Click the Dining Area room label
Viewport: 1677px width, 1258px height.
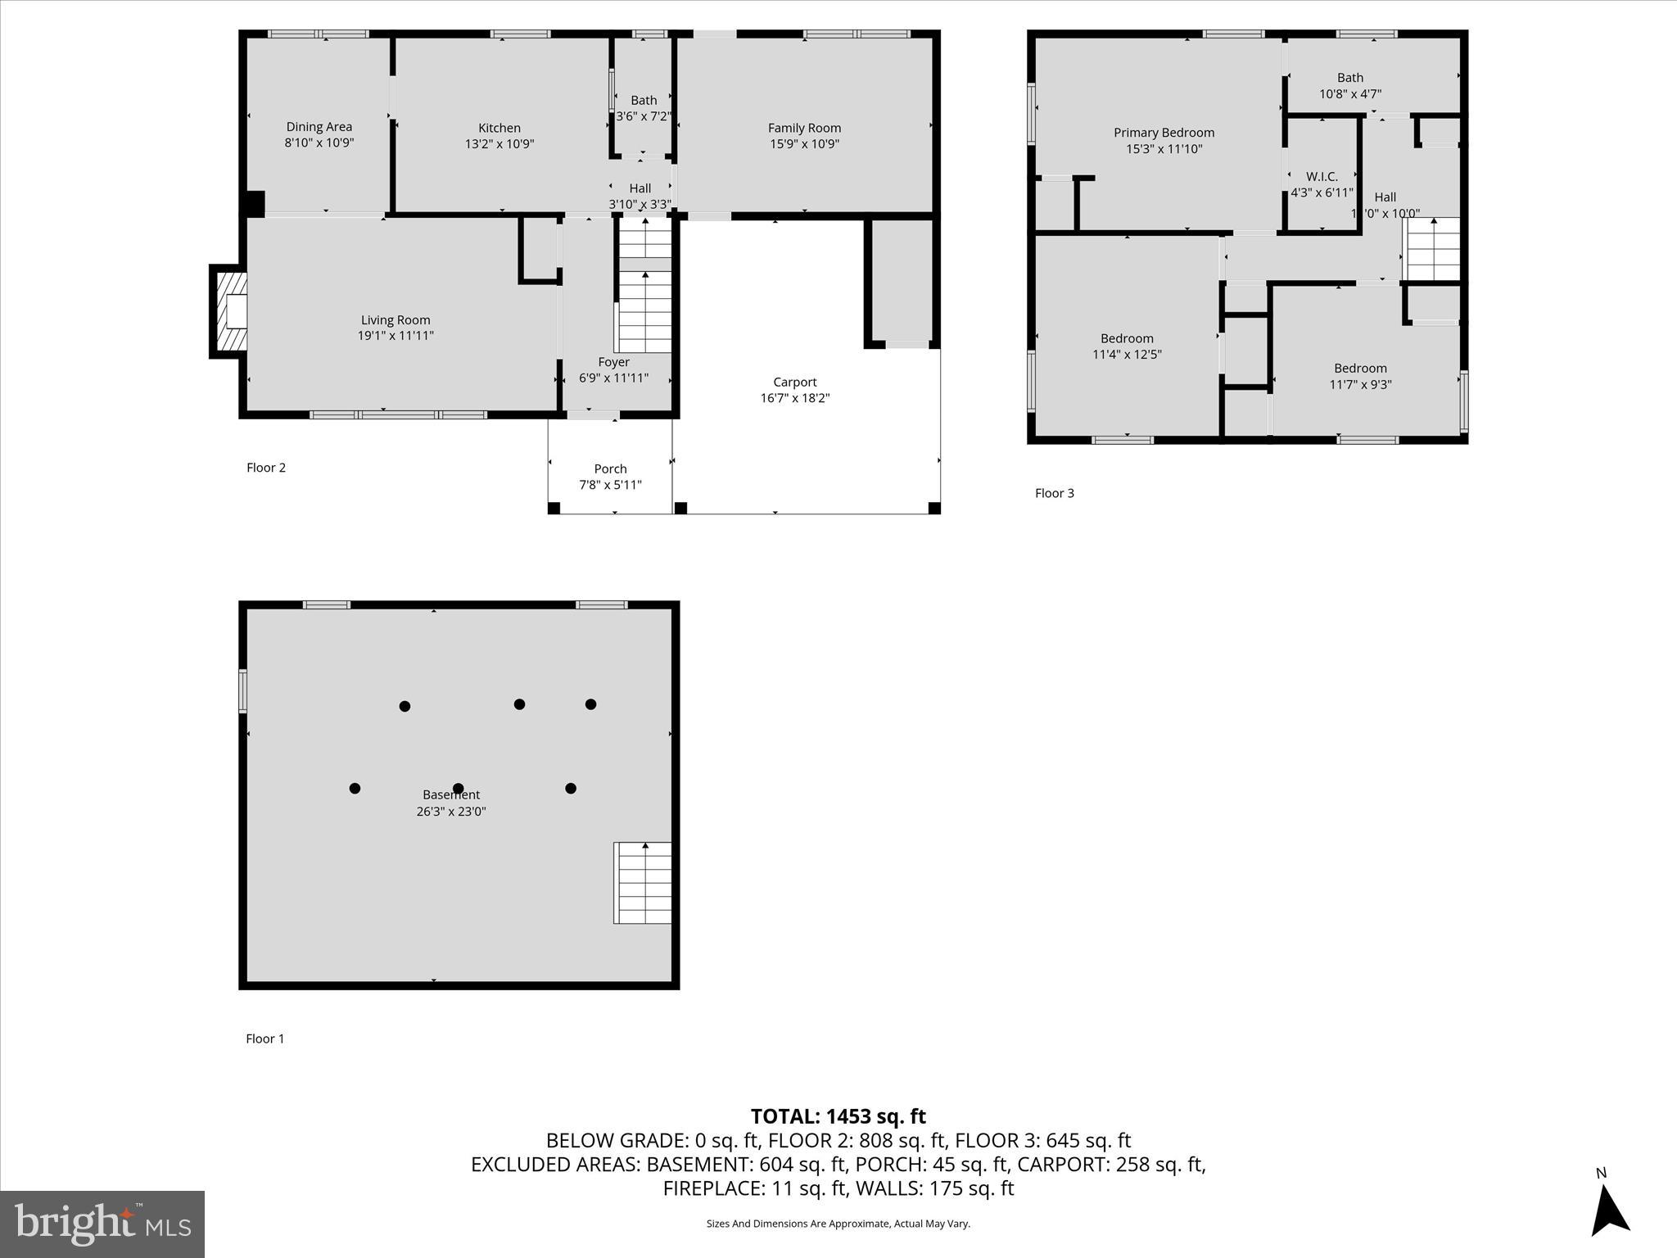point(319,127)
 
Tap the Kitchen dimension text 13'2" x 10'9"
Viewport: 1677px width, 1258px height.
point(499,144)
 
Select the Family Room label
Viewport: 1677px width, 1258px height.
point(804,128)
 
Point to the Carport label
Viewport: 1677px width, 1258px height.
point(794,382)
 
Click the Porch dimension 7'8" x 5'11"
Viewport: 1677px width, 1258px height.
point(610,485)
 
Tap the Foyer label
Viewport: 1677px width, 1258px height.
point(613,362)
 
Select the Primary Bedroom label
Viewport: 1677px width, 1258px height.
point(1164,133)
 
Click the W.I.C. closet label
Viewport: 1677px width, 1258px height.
point(1322,177)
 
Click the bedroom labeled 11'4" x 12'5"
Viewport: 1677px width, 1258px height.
point(1127,346)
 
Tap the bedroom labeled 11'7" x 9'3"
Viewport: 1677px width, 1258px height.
point(1360,376)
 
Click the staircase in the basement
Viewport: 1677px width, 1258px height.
point(643,883)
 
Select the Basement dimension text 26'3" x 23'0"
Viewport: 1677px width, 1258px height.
point(451,812)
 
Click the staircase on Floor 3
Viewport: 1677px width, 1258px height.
point(1432,249)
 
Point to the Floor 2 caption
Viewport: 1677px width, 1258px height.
point(266,468)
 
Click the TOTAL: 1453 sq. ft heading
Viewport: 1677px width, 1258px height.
point(838,1116)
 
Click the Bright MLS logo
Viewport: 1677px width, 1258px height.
point(102,1224)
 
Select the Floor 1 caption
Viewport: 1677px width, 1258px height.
point(265,1039)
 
